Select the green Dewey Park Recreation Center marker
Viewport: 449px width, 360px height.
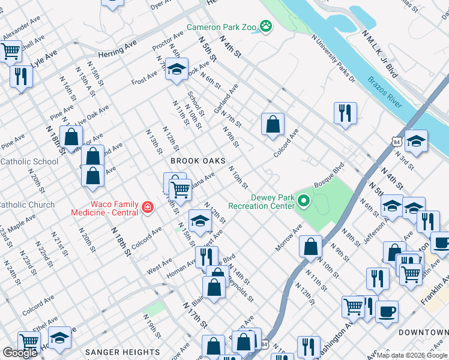[304, 200]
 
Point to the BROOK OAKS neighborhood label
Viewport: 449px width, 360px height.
[197, 161]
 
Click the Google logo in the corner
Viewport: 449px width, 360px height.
[20, 353]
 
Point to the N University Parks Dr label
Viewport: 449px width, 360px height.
[333, 58]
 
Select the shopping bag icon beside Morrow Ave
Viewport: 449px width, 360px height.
[310, 246]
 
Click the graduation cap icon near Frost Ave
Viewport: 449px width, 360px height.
[177, 70]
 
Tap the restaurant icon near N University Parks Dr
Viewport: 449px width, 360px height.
[345, 113]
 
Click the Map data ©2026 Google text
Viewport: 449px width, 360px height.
[412, 355]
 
